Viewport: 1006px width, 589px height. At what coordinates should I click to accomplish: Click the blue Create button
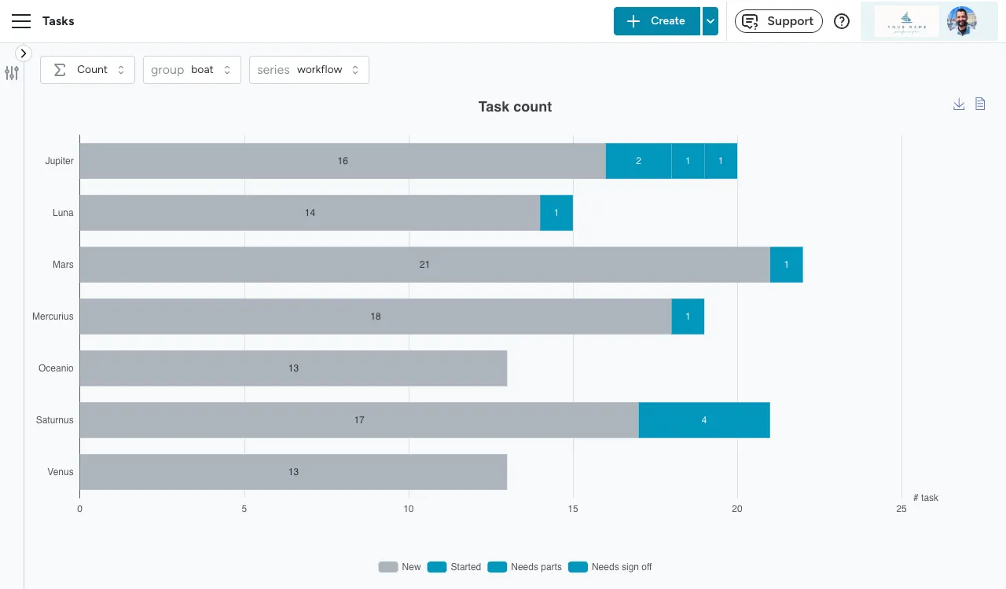tap(656, 21)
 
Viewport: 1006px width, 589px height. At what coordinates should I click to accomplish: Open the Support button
tap(778, 21)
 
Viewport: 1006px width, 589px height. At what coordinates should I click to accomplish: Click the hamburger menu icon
tap(21, 21)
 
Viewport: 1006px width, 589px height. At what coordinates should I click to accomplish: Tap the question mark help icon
tap(842, 21)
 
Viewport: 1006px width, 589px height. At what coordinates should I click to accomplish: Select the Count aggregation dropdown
tap(87, 70)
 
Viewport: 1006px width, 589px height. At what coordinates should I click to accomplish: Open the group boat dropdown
tap(192, 70)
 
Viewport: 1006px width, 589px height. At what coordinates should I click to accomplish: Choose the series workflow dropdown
tap(309, 70)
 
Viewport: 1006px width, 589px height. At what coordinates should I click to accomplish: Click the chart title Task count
tap(515, 107)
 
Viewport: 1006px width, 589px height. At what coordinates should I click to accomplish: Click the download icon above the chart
tap(959, 104)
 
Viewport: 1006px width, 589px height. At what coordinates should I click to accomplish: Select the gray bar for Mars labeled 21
tap(424, 265)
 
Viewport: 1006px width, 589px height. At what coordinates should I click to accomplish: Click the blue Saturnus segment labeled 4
tap(703, 420)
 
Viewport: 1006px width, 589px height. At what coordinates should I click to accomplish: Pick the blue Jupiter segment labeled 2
tap(638, 161)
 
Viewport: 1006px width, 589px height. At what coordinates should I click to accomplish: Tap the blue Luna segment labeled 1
tap(556, 213)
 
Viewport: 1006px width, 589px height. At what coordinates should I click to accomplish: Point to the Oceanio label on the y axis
tap(56, 368)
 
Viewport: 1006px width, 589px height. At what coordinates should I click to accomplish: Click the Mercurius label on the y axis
tap(53, 316)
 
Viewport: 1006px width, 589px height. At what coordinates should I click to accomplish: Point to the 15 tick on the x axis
tap(573, 509)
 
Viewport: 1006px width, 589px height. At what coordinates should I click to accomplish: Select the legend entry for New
tap(400, 567)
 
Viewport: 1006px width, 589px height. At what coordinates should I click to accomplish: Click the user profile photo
tap(961, 21)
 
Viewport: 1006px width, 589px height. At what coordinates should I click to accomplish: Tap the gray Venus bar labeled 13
tap(293, 472)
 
